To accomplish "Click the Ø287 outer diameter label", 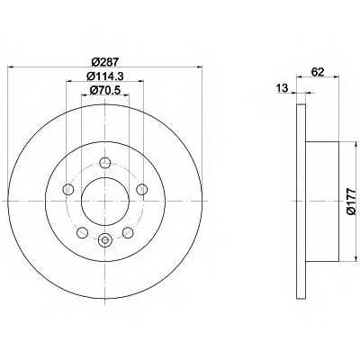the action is pos(105,62).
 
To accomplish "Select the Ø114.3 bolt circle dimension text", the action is pos(105,76).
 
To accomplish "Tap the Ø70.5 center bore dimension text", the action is pos(105,90).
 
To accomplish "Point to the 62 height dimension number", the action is pos(318,72).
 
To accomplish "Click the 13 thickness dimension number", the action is pos(282,88).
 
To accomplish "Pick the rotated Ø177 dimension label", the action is pos(351,202).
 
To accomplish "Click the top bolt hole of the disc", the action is pos(104,163).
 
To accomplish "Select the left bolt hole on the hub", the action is pos(68,189).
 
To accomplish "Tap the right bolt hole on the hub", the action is pos(141,189).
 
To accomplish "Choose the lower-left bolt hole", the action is pos(82,232).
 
